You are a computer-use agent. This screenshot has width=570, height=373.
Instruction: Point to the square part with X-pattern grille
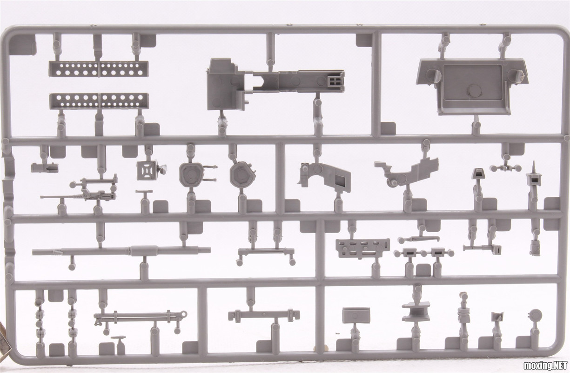tap(146, 170)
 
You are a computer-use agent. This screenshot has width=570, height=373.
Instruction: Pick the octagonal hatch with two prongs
tap(192, 174)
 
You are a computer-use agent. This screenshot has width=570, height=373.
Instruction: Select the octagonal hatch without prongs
tap(242, 174)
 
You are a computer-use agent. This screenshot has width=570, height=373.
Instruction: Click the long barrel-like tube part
tap(121, 251)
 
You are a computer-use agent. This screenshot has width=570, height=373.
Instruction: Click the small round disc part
tap(536, 314)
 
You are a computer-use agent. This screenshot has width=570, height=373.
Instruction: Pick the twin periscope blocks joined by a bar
tap(423, 253)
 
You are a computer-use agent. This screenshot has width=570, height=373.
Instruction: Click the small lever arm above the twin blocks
tap(419, 238)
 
